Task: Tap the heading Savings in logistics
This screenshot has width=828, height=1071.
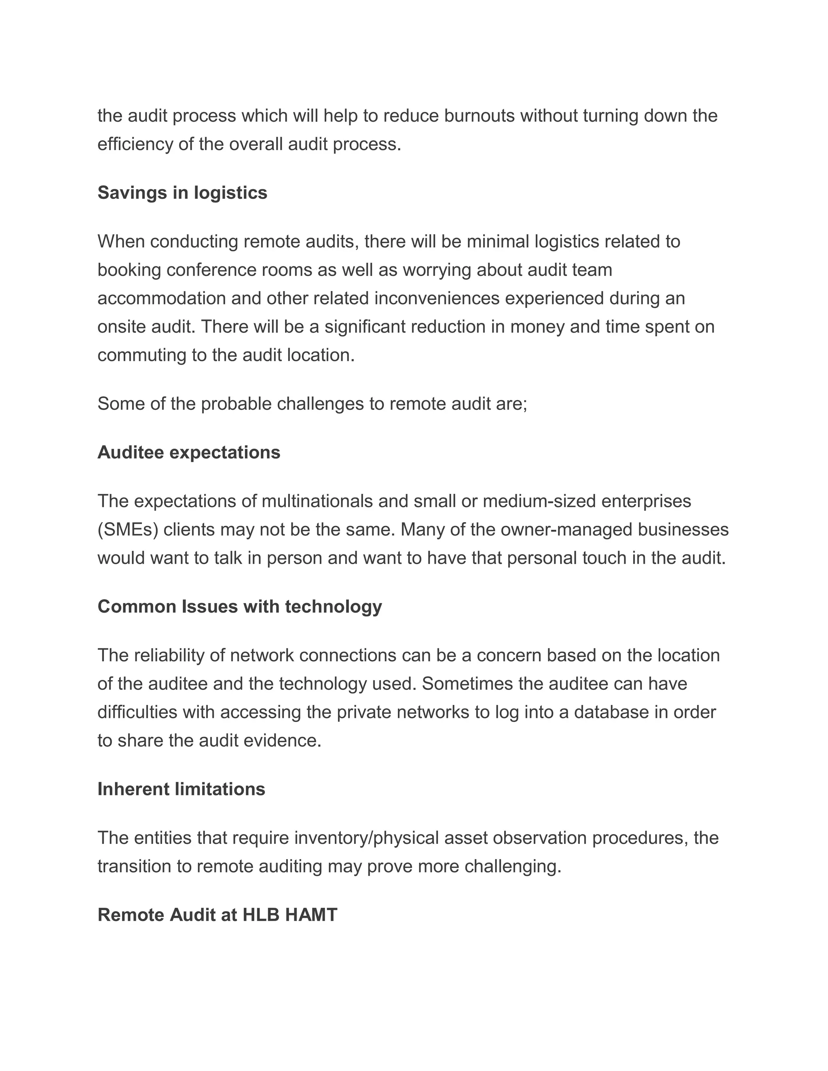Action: (x=182, y=193)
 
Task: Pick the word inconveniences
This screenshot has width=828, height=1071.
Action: (x=437, y=299)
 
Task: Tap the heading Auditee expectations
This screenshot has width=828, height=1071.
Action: (x=189, y=453)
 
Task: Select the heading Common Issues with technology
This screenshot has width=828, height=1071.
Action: (x=239, y=607)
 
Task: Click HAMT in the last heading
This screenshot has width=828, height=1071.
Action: (x=311, y=915)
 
